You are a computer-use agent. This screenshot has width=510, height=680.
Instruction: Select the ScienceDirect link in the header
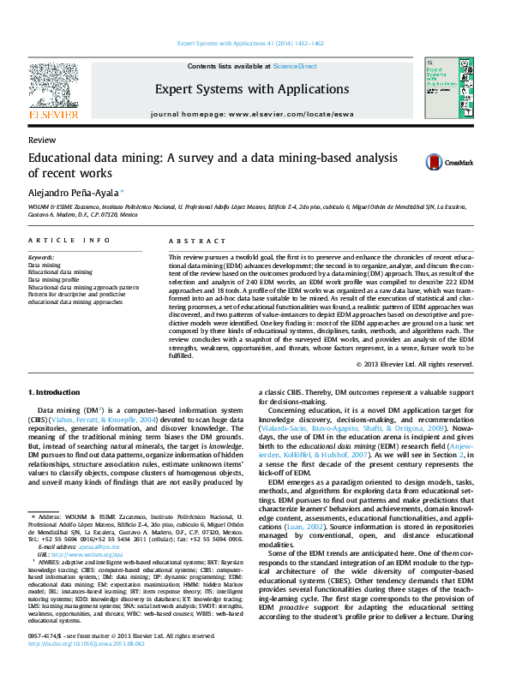[x=295, y=66]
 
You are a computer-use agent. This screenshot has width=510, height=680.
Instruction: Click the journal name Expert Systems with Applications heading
[x=252, y=88]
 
